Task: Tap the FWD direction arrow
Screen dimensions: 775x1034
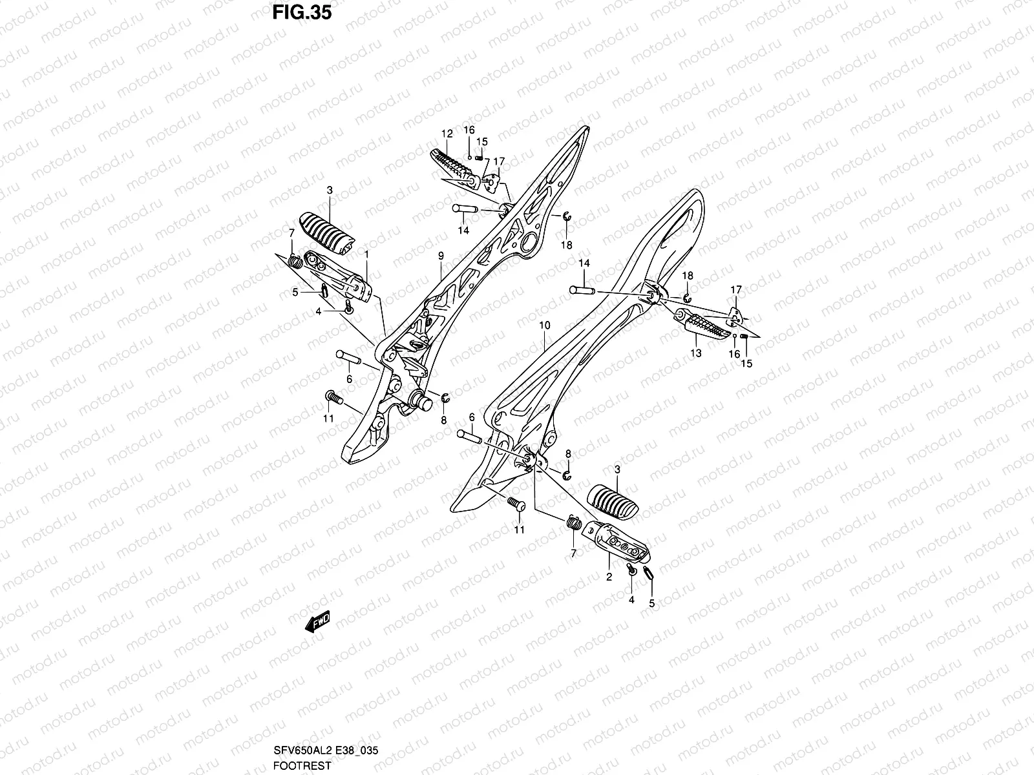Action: pos(319,623)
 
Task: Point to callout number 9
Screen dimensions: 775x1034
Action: pos(441,256)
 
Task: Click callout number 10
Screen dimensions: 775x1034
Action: pos(544,325)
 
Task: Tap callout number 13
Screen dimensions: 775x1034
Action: pos(695,353)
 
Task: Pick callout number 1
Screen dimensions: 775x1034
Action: pos(366,254)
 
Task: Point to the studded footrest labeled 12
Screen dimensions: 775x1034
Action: pos(452,166)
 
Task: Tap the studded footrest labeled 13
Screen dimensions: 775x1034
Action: pos(707,326)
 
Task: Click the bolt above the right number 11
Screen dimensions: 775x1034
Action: pos(514,504)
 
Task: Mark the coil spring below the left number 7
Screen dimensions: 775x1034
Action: pos(294,262)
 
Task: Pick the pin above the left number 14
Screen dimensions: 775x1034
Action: pos(465,209)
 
